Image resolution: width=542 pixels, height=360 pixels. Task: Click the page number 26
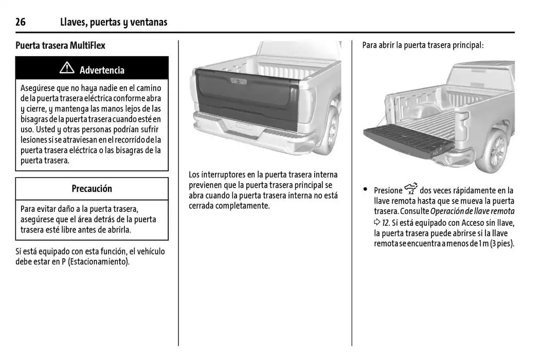click(21, 22)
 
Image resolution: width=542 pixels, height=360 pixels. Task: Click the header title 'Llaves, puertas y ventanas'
click(113, 22)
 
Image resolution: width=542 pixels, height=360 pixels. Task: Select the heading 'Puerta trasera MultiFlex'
click(60, 45)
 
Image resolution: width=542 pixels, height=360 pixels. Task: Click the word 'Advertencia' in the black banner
click(102, 70)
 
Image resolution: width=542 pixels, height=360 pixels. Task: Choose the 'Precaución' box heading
click(92, 189)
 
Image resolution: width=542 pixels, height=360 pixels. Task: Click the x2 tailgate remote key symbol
click(411, 189)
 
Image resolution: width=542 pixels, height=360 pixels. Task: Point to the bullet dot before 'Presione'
click(366, 189)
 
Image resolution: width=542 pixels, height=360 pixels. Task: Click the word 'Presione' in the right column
click(388, 191)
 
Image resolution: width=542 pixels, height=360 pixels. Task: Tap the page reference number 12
click(385, 222)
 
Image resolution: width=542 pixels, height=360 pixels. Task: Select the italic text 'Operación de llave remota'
click(472, 212)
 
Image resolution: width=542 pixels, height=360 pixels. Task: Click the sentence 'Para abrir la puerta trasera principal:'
click(423, 45)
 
